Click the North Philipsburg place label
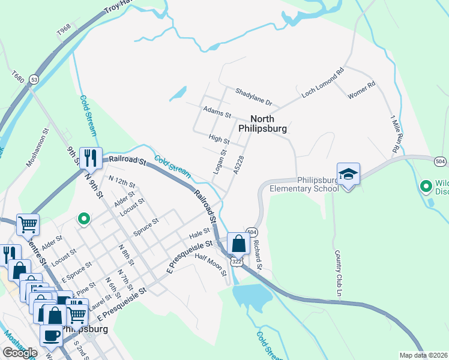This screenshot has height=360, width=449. [262, 124]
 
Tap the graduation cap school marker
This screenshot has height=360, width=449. [348, 175]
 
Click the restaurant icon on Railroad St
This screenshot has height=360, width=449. [91, 158]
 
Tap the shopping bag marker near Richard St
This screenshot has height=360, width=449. [238, 244]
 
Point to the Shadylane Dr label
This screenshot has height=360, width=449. [253, 96]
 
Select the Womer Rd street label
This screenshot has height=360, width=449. [361, 91]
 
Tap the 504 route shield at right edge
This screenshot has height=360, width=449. [440, 160]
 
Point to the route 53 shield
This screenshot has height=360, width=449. [34, 79]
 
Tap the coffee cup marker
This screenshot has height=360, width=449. [51, 334]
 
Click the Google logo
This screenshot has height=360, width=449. [20, 352]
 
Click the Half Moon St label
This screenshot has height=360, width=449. [211, 265]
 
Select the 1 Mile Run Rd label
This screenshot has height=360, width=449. [395, 133]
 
